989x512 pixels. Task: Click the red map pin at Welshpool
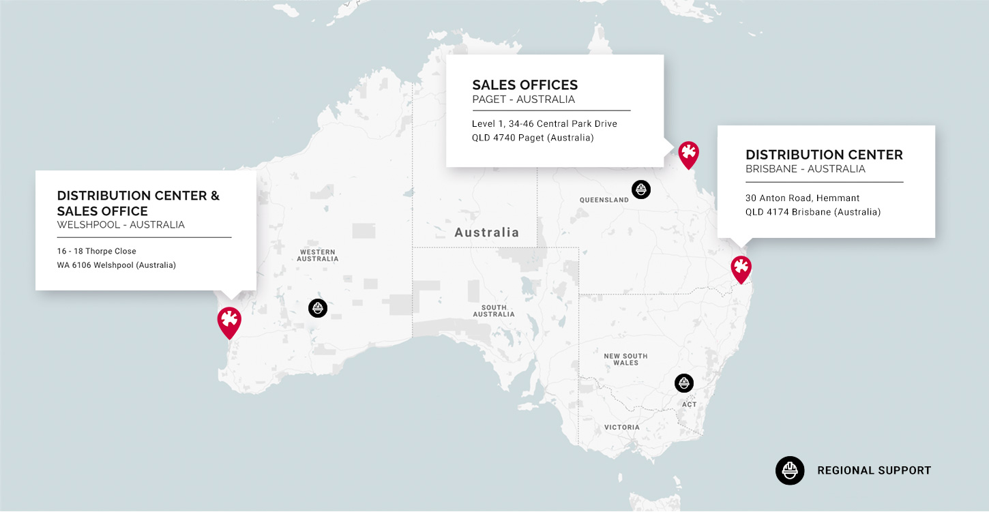click(x=229, y=320)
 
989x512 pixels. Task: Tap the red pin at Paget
click(x=689, y=153)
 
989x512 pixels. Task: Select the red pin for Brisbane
click(x=741, y=268)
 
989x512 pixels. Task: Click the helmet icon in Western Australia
click(x=318, y=308)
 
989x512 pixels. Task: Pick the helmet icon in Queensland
click(x=641, y=190)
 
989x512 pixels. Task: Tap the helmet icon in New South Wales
click(x=684, y=383)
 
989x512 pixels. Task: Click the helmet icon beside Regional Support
click(x=790, y=470)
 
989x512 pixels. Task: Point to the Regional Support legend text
click(x=874, y=470)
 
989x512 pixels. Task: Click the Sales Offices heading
click(x=525, y=85)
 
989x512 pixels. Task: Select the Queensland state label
click(x=604, y=200)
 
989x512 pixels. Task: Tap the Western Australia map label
click(x=318, y=255)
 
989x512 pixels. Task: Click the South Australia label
click(x=494, y=311)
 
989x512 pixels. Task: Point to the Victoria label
click(x=622, y=427)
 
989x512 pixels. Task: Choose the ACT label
click(x=690, y=405)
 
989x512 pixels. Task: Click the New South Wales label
click(x=625, y=359)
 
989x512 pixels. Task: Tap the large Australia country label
click(x=486, y=232)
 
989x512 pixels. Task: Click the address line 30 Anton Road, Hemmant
click(x=802, y=198)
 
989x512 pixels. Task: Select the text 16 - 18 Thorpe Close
click(x=97, y=252)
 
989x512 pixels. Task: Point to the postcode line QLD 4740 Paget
click(x=533, y=138)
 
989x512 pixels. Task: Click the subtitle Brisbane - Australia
click(x=805, y=169)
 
